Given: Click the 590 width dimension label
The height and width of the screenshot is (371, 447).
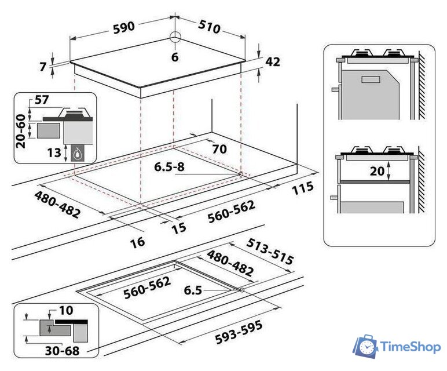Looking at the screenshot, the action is click(x=124, y=27).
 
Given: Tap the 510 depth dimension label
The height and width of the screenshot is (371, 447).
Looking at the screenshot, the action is click(x=209, y=27).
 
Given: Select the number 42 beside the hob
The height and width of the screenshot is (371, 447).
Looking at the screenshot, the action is click(x=273, y=61).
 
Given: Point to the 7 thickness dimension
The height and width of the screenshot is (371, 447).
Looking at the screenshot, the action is click(x=43, y=67).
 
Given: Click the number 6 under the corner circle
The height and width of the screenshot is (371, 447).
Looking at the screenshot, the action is click(x=175, y=57).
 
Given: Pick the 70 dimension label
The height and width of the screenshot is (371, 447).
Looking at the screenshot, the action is click(x=219, y=148).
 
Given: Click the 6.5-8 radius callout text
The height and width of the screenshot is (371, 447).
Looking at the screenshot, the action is click(x=169, y=167).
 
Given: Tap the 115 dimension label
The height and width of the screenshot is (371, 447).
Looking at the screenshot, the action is click(x=303, y=188).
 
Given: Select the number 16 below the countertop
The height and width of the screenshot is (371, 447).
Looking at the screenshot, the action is click(x=137, y=242).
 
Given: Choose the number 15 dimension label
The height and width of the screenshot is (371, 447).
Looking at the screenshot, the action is click(x=179, y=228).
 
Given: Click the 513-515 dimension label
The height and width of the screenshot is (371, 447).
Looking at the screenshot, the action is click(x=270, y=251).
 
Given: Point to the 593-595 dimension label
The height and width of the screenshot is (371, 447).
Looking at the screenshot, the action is click(x=239, y=332).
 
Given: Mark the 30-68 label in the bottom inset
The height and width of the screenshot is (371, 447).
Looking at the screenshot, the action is click(x=62, y=351).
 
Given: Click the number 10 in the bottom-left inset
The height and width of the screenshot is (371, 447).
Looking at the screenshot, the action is click(x=66, y=310).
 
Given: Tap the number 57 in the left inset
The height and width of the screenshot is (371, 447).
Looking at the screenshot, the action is click(x=42, y=100).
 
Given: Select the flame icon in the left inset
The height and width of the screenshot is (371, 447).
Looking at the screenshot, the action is click(x=76, y=155).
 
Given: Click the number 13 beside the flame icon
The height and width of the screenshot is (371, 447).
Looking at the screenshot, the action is click(x=54, y=152).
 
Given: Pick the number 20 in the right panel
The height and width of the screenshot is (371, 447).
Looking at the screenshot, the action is click(x=377, y=171).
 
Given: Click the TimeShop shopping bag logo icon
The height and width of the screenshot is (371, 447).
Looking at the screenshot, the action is click(x=366, y=346).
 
